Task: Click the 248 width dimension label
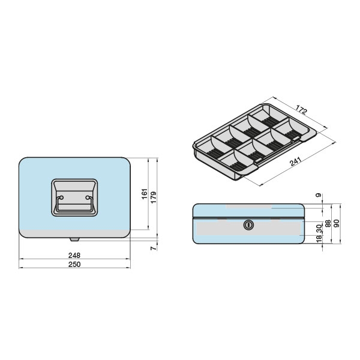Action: tap(74, 255)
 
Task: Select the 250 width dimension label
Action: tap(74, 264)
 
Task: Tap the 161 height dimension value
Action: tap(144, 194)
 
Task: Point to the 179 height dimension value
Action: tap(153, 197)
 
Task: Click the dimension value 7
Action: tap(153, 248)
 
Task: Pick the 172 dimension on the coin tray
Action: tap(301, 110)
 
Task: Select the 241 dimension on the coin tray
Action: tap(296, 161)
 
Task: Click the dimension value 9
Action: tap(319, 196)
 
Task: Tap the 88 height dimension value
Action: tap(328, 223)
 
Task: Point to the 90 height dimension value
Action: tap(337, 223)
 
